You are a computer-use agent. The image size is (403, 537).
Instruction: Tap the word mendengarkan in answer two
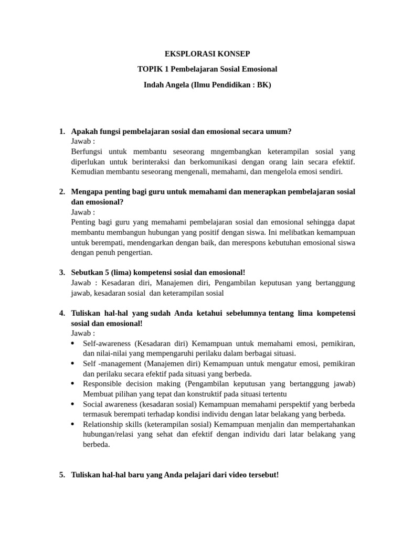[151, 242]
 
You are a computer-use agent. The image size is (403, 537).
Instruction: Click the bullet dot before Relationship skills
[72, 424]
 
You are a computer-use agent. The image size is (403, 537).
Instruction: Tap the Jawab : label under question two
[83, 212]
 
